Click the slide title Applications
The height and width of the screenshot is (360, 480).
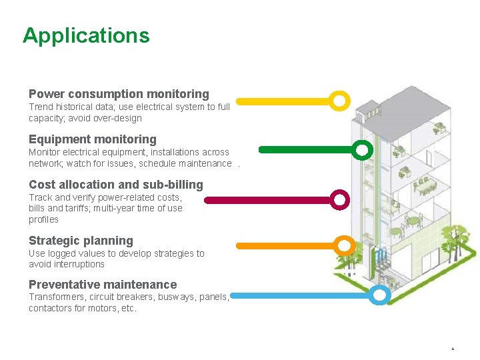86,35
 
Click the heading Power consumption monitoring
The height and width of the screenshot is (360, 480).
119,94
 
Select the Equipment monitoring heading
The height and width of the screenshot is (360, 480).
93,139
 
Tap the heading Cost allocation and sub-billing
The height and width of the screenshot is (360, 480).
116,185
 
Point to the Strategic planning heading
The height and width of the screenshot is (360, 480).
81,241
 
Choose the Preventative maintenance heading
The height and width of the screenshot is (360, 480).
103,285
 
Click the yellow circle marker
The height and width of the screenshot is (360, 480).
339,101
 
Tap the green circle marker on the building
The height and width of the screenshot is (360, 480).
362,150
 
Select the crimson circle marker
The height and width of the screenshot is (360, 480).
340,199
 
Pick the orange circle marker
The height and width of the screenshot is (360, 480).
344,246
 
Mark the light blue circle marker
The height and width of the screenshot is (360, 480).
379,295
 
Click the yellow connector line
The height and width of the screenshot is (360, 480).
283,102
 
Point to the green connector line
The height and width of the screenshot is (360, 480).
306,150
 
